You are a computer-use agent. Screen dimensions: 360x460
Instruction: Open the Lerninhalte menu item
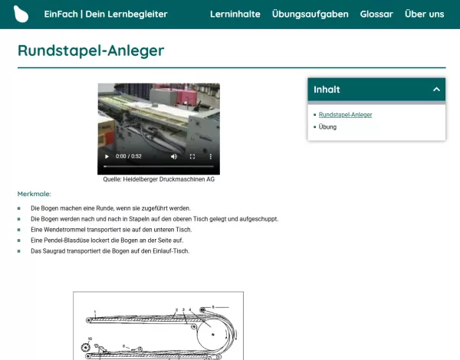tap(235, 14)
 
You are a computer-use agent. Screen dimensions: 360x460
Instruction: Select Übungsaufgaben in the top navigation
tap(310, 14)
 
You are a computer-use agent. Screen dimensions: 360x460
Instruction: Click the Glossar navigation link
tap(376, 14)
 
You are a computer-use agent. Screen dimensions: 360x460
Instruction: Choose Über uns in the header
tap(424, 14)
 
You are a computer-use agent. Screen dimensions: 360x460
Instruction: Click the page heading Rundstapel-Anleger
tap(90, 51)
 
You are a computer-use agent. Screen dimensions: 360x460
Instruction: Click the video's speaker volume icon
tap(174, 156)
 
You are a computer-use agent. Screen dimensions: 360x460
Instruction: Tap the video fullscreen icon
tap(192, 156)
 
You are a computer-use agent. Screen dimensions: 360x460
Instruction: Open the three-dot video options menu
tap(211, 156)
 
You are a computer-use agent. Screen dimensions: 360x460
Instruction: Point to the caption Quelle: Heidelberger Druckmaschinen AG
tap(158, 179)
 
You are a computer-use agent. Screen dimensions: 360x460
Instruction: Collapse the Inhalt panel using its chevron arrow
tap(436, 90)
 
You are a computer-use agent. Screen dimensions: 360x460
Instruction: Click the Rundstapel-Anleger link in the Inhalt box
tap(345, 115)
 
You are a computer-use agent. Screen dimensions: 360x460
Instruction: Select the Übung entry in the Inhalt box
tap(327, 126)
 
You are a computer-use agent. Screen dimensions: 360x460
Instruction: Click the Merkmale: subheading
tap(34, 194)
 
